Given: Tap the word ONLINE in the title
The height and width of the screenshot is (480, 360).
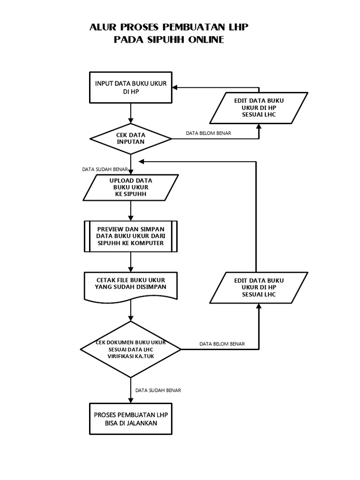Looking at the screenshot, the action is coord(206,39).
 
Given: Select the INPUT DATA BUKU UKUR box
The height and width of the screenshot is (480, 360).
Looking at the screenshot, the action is coord(131,88).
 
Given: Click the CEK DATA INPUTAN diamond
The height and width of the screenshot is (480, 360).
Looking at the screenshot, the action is coord(131,139).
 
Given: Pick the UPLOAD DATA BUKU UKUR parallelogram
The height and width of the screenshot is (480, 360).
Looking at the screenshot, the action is coord(131,187).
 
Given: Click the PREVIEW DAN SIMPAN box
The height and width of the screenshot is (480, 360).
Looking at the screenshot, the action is coord(131,236).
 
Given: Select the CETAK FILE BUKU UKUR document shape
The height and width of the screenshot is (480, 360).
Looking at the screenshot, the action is coord(131,285).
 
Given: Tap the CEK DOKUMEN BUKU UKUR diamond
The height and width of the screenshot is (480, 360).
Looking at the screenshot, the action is coord(131,349).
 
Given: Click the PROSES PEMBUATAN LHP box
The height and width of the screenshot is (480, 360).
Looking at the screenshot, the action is coord(131,419).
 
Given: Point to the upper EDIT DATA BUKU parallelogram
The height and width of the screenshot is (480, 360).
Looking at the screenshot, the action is coord(259,108).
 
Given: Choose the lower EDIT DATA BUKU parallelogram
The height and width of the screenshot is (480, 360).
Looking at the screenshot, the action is coord(259,288).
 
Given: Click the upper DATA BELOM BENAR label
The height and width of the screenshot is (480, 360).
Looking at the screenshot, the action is coord(209,133).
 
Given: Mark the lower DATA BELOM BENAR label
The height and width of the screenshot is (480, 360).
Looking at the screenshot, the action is coord(222,344).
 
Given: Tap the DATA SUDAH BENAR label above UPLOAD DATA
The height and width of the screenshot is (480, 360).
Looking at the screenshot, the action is coord(105,169).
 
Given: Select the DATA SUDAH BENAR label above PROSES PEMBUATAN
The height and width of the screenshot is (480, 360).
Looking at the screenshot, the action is coord(158,390).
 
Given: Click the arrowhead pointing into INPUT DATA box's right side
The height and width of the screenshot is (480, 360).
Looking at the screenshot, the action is coord(175,88).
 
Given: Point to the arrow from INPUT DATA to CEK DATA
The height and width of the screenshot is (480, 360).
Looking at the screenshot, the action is coord(131,113).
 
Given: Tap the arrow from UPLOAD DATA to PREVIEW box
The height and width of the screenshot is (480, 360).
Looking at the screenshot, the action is coord(131,210).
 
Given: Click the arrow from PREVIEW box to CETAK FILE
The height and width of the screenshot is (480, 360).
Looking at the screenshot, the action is coord(131,262).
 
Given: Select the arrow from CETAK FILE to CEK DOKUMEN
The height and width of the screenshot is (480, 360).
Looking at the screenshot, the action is coord(131,310).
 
